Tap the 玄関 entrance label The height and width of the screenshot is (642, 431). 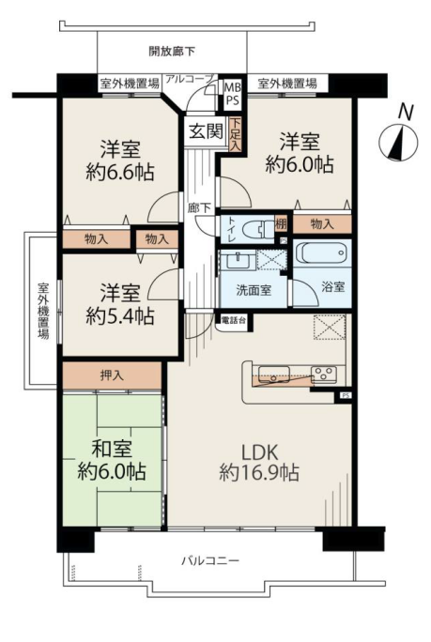tap(206, 131)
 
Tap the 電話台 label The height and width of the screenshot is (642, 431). tap(234, 320)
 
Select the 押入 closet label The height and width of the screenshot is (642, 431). tap(112, 375)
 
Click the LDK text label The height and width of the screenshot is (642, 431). tap(260, 452)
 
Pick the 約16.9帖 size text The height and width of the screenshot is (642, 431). tap(259, 473)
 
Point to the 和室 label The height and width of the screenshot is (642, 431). tap(112, 449)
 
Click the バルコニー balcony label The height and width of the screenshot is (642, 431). tap(210, 560)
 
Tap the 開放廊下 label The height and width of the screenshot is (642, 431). tap(172, 52)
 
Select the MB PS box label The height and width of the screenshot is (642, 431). tap(232, 94)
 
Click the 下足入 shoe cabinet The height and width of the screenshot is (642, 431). tap(235, 135)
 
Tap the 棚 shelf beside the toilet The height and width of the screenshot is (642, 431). tap(281, 224)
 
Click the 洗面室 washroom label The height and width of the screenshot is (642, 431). tap(254, 290)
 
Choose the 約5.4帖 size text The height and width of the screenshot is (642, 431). tap(120, 315)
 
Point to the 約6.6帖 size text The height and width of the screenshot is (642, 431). tap(120, 173)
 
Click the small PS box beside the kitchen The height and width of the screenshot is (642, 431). tap(346, 395)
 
